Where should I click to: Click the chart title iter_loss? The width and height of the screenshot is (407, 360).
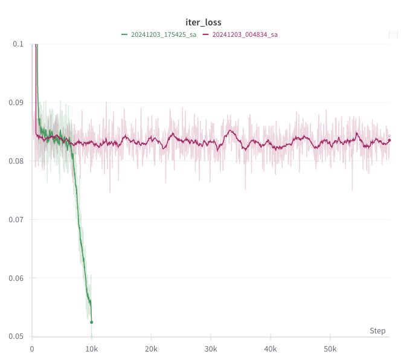coord(203,22)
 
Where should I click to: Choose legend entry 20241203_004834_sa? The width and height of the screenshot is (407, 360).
coord(245,34)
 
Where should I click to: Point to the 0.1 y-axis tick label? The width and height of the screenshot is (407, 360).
coord(19,44)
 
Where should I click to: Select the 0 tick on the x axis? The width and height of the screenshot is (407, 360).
coord(32,349)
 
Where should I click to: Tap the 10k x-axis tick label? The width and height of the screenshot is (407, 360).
coord(91,349)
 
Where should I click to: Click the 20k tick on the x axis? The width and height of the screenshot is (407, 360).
coord(151,349)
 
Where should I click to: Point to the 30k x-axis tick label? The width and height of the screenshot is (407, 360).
coord(211,349)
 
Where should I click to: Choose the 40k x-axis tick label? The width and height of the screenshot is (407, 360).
coord(271,349)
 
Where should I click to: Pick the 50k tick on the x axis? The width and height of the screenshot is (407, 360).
coord(330,349)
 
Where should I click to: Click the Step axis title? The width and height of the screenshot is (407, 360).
coord(377,331)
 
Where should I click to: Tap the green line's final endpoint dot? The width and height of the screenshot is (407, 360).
coord(91,322)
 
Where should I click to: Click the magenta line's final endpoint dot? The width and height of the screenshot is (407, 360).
coord(389,140)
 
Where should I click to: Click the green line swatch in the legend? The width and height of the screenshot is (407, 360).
coord(124,34)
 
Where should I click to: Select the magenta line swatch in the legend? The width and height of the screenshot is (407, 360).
coord(206,34)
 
